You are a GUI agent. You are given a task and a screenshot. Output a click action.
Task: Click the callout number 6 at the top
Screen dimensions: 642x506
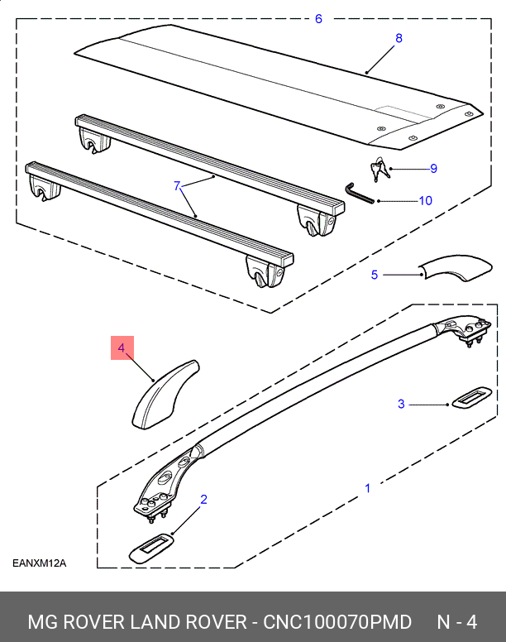coord(318,18)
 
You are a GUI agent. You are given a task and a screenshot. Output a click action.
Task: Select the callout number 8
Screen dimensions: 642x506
coord(399,38)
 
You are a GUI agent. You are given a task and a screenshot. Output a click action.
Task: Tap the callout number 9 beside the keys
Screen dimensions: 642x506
coord(432,169)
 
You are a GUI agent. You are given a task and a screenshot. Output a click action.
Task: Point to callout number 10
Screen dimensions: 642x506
coord(425,200)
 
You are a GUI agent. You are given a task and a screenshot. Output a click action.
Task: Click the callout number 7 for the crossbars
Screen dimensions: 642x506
coord(176,186)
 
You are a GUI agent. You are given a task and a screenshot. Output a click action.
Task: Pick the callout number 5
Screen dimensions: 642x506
coord(374,275)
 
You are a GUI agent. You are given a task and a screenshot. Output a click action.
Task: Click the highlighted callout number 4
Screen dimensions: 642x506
coord(121,348)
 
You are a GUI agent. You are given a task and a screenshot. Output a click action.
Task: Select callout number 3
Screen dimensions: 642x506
coord(401,404)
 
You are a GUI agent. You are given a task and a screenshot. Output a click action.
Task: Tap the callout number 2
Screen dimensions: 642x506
coord(203,499)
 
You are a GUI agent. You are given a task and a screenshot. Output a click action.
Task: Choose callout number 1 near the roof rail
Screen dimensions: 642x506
coord(368,488)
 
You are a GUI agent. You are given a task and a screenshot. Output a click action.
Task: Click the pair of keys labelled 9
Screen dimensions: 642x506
coord(380,170)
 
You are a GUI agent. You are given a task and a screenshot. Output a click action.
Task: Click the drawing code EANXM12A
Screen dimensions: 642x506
coord(39,564)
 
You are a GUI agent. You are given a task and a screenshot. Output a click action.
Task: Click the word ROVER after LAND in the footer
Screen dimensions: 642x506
coord(206,621)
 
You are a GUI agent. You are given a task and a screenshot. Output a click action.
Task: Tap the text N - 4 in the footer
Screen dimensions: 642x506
coord(456,621)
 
